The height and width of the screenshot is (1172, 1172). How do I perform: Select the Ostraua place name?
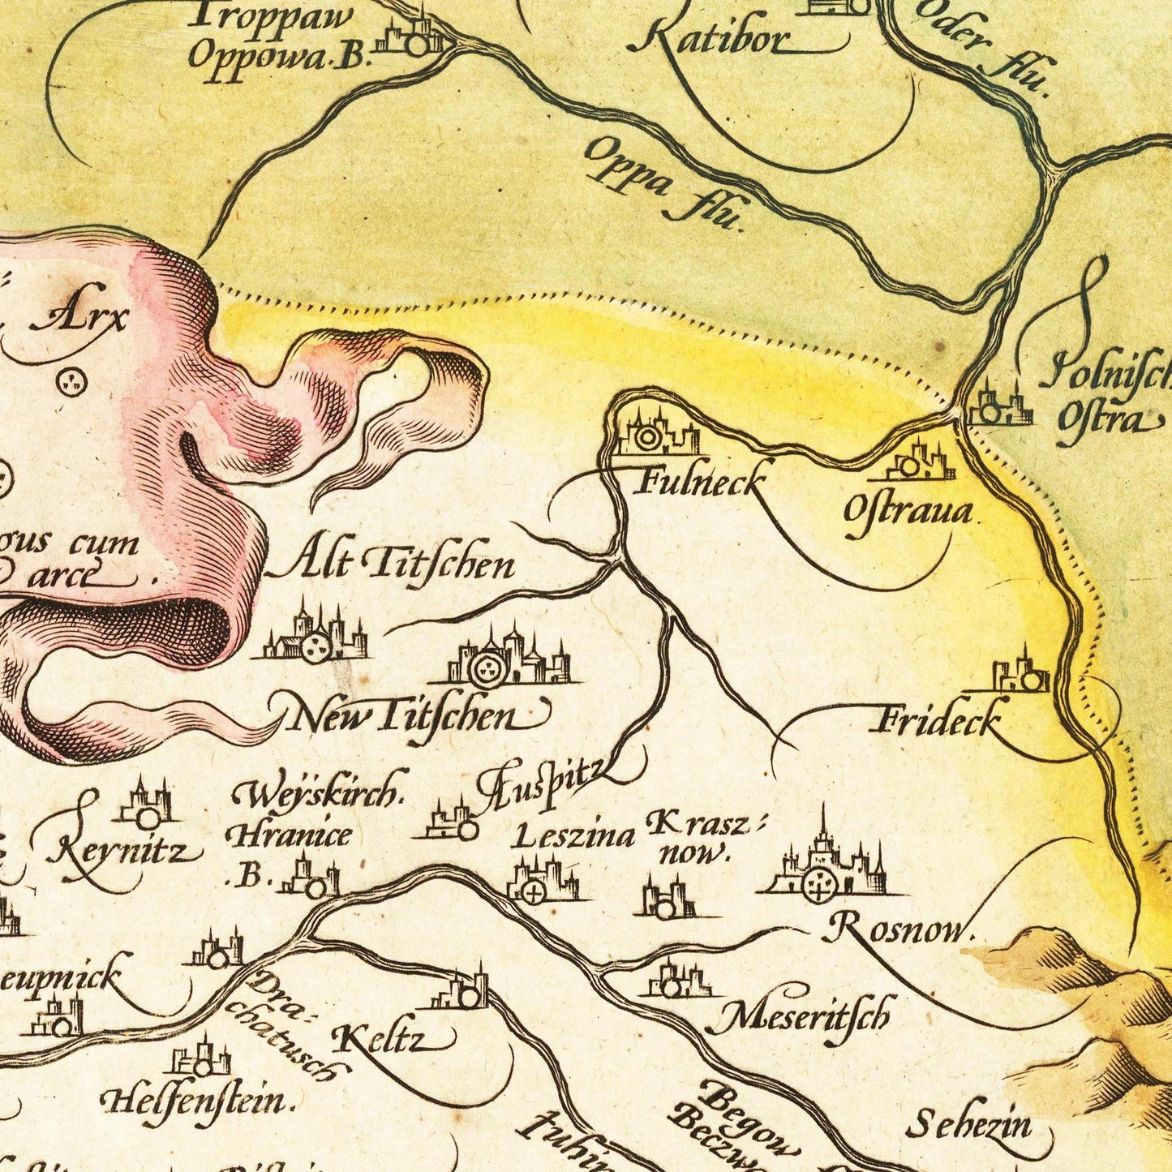point(908,513)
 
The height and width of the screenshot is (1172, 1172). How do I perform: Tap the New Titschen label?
point(406,716)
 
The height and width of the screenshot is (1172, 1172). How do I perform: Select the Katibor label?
point(710,38)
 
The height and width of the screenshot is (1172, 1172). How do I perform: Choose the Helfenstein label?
point(195,1100)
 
